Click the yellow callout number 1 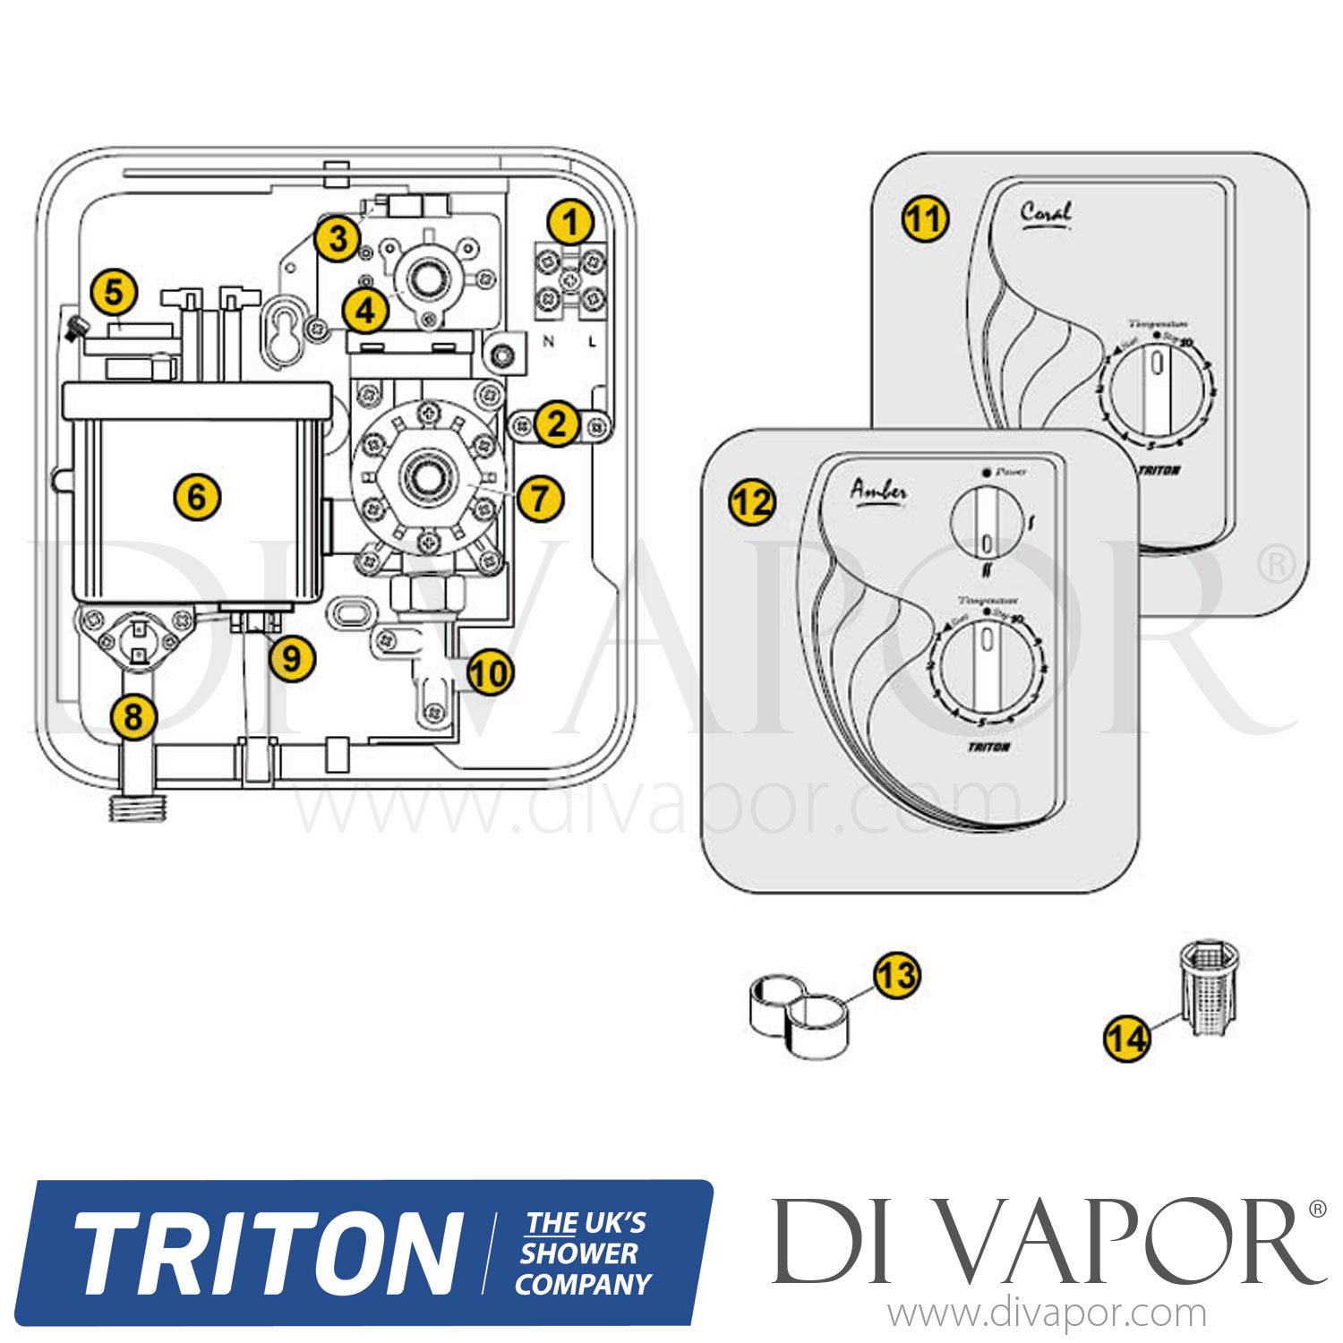click(x=570, y=221)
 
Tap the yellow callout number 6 click(x=197, y=496)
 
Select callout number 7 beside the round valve click(x=540, y=498)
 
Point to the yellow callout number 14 click(x=1126, y=1039)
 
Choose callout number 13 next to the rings click(x=896, y=976)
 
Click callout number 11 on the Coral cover click(x=924, y=219)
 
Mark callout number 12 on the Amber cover click(x=752, y=502)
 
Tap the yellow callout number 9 click(x=292, y=659)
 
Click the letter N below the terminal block click(x=549, y=341)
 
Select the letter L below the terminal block click(x=592, y=341)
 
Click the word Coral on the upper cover click(x=1045, y=213)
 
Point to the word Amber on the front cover click(x=878, y=491)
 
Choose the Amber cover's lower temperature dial click(x=988, y=669)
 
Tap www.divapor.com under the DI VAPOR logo click(x=1047, y=1314)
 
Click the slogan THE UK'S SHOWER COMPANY click(x=584, y=1253)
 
